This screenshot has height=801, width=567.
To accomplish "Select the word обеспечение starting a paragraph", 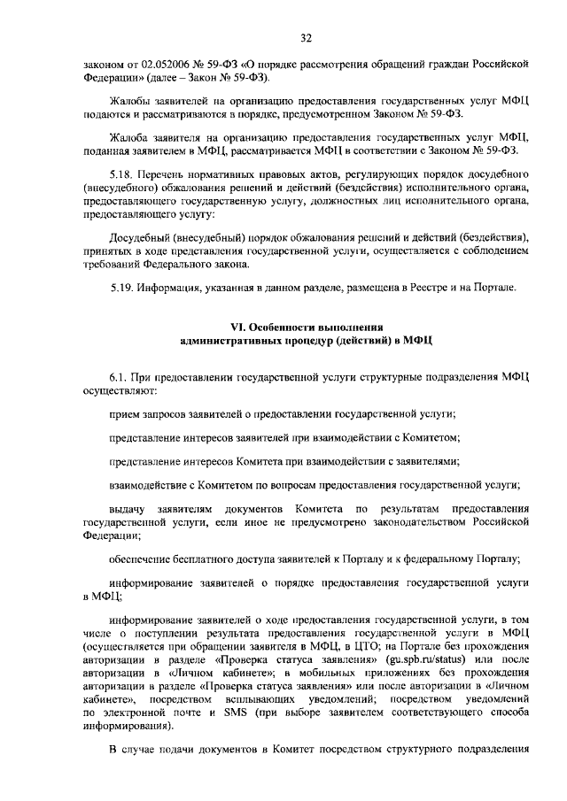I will (142, 558).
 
